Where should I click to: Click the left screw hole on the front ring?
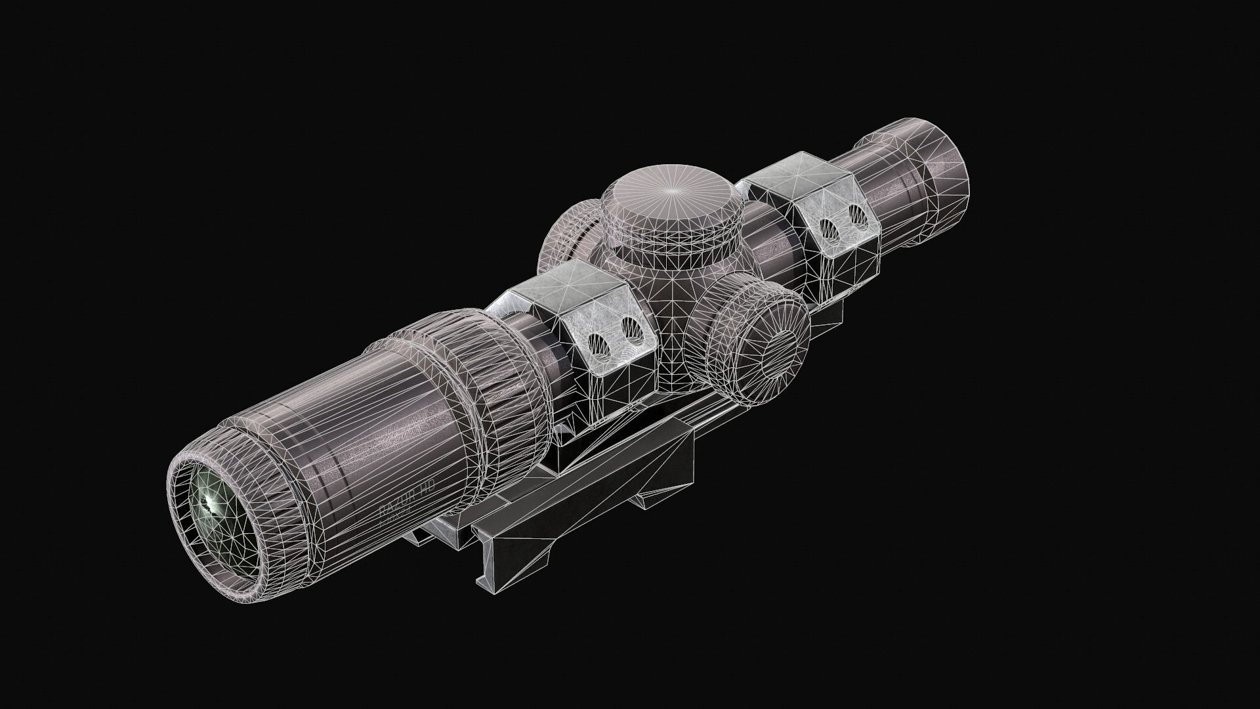(x=597, y=341)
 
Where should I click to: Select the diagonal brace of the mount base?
(x=630, y=460)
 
